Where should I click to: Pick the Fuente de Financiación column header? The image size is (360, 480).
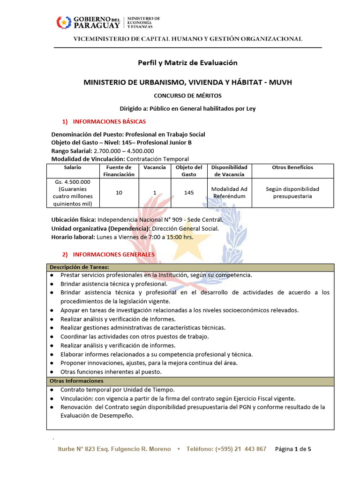point(119,171)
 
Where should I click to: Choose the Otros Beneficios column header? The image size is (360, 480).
point(292,167)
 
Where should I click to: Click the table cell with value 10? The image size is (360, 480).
point(119,193)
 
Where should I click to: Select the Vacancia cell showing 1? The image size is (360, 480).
point(154,193)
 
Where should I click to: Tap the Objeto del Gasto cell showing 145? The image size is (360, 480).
point(189,193)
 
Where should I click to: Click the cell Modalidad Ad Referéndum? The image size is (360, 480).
point(229,193)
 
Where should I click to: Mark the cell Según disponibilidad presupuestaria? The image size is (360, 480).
point(292,193)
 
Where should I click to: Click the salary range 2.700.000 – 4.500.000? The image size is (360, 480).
point(124,150)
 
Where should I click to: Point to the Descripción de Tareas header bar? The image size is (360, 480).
point(190,267)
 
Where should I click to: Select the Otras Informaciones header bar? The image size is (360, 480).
point(190,381)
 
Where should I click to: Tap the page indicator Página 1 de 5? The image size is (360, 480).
point(293,449)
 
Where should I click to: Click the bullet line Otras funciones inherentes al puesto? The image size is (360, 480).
point(111,372)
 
